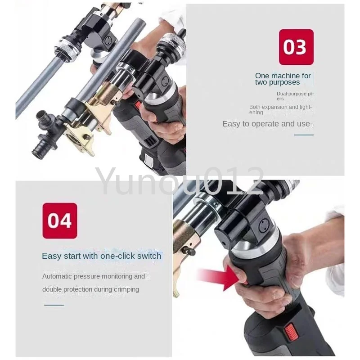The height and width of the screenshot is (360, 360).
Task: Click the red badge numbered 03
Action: pos(296,47)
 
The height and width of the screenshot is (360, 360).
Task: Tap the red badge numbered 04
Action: pos(60,220)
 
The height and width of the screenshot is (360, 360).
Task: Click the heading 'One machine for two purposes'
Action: pos(283,79)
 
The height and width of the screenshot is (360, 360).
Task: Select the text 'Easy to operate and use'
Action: pos(266,124)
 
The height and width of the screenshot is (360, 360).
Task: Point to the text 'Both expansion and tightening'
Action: pos(280,110)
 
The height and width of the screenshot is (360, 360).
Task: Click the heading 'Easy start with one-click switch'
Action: pos(102,256)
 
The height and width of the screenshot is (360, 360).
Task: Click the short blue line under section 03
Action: pos(304,135)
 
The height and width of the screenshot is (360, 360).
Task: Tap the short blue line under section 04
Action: pos(54,305)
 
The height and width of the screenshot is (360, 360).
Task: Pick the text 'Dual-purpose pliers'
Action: pos(295,96)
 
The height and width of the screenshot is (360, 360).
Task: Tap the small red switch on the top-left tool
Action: pos(138,105)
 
